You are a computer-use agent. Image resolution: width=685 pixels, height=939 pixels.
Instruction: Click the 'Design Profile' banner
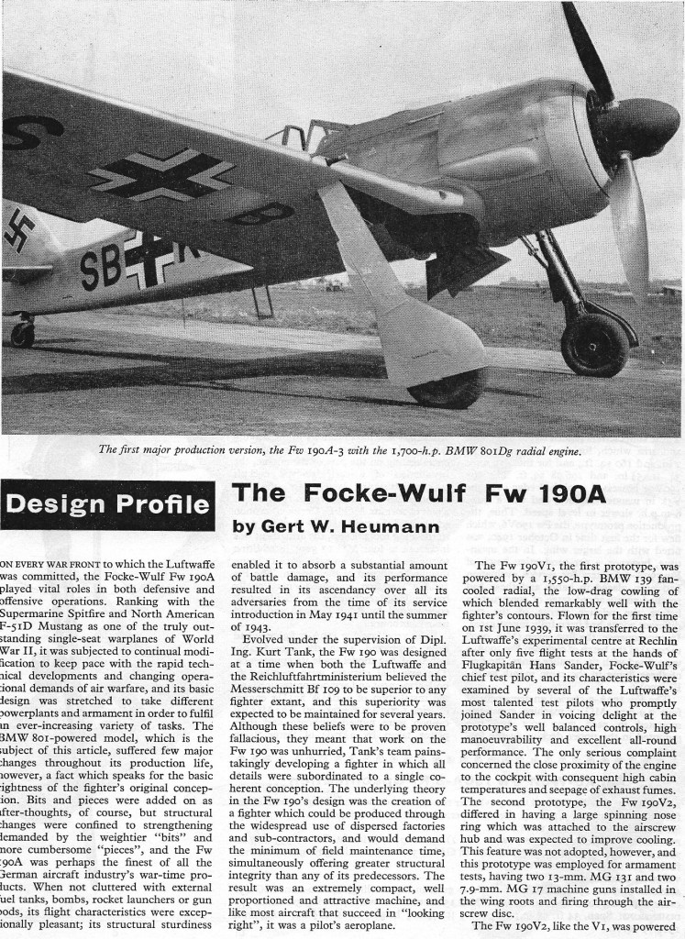pos(108,505)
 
